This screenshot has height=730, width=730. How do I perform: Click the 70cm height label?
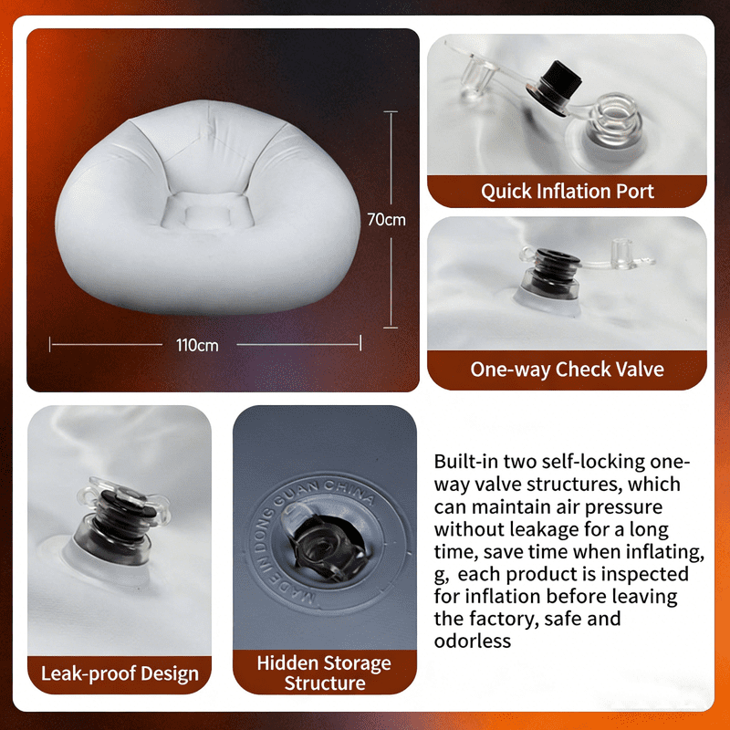point(386,220)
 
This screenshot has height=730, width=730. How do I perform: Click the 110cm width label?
point(197,346)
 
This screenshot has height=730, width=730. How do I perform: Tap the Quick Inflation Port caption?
point(567,192)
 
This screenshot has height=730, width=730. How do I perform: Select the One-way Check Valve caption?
point(567,370)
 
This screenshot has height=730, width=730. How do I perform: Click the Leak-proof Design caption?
point(120,673)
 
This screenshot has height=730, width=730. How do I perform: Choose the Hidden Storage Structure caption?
point(324,673)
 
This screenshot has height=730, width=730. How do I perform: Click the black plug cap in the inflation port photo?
point(556,86)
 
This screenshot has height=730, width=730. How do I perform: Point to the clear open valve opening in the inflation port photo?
point(614,117)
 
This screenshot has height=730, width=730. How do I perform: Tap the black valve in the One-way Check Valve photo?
point(552,276)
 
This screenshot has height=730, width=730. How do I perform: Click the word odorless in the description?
point(473,641)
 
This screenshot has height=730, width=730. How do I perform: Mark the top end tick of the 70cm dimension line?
point(391,111)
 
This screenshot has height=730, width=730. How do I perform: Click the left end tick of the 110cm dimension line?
point(50,345)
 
